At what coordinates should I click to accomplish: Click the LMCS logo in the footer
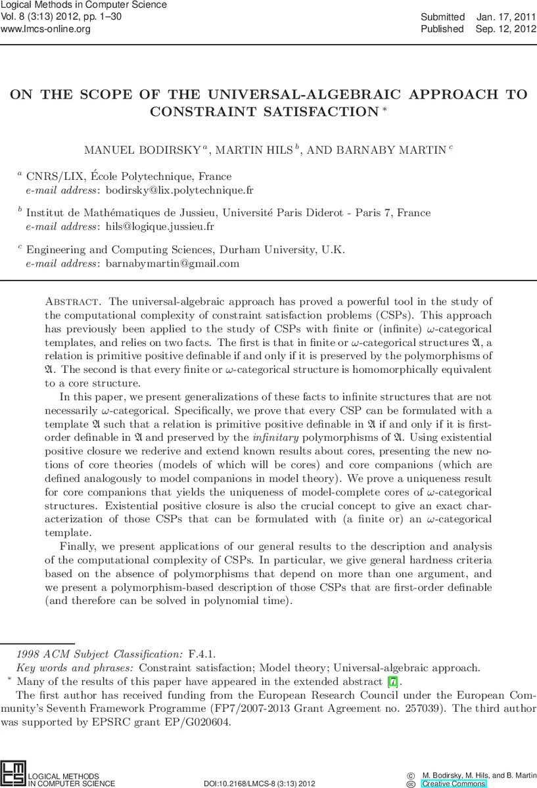pos(12,774)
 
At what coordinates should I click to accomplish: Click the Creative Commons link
pos(454,783)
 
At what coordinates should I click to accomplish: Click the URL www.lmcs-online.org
pos(45,29)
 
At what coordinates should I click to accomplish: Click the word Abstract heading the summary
pos(73,301)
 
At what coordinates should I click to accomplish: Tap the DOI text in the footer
pos(260,783)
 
